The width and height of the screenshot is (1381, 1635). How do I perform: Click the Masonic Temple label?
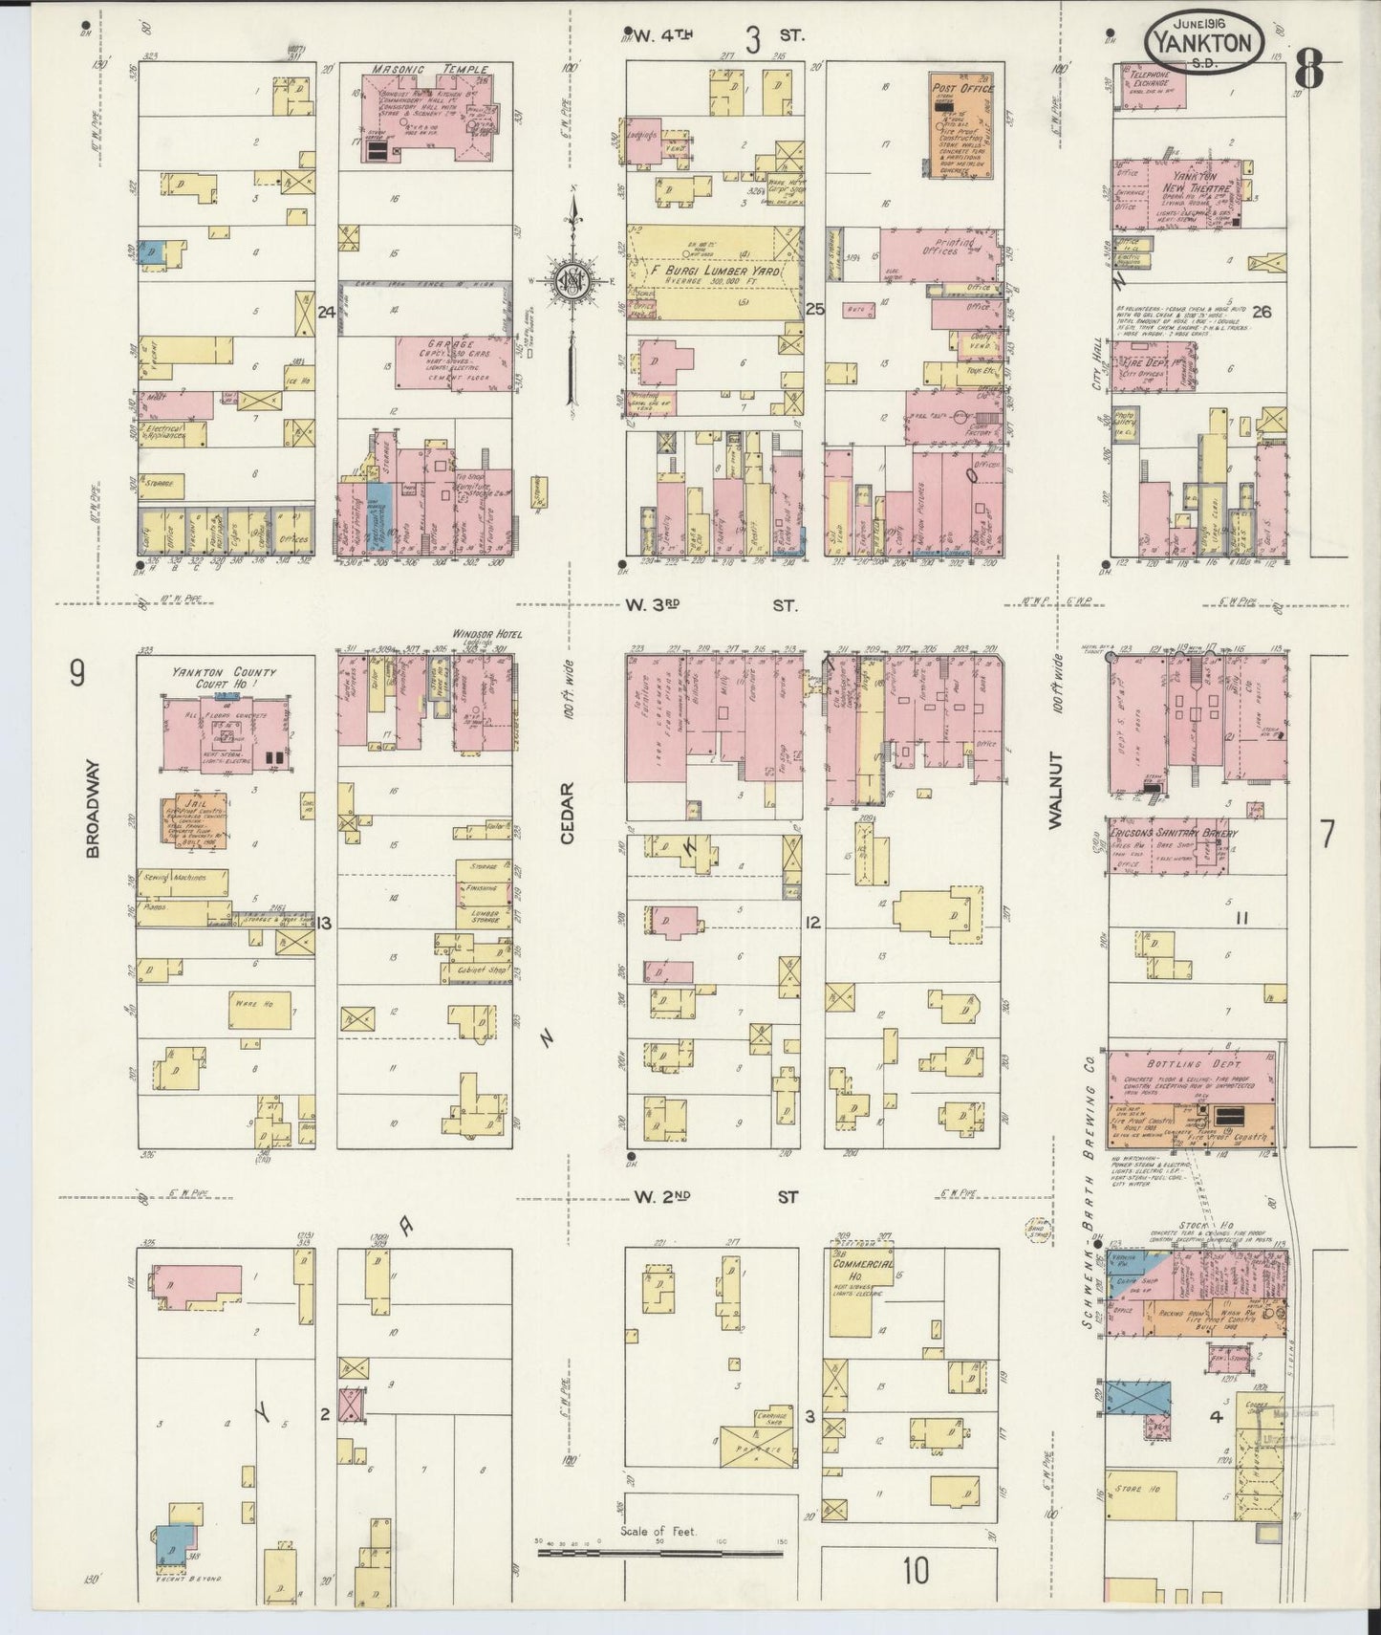[x=429, y=70]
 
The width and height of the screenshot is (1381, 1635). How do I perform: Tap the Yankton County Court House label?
[x=227, y=677]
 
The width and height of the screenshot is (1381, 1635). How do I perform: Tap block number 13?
[x=325, y=923]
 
